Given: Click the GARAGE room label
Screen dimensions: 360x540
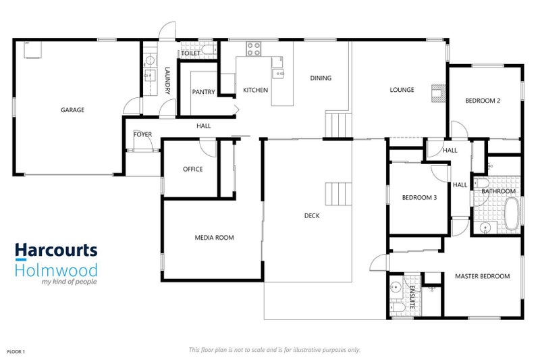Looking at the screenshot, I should click(x=72, y=109).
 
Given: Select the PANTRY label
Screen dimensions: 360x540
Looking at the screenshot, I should click(x=202, y=92).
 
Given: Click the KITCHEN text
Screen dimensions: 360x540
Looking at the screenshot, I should click(x=256, y=90).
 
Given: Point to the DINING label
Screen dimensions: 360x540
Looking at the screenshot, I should click(x=321, y=78).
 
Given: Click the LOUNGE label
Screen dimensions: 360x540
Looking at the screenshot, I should click(x=402, y=90).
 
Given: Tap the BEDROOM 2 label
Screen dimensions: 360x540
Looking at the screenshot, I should click(x=483, y=101).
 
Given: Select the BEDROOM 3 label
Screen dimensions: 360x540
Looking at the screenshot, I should click(x=419, y=198).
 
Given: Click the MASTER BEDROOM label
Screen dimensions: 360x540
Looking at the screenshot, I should click(x=482, y=276).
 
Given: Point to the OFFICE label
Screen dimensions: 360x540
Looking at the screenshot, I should click(x=193, y=169).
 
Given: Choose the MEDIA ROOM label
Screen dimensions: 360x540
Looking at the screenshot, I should click(x=214, y=238).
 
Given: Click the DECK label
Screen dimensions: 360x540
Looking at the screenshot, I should click(x=312, y=216).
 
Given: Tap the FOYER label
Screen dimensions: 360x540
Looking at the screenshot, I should click(x=142, y=134).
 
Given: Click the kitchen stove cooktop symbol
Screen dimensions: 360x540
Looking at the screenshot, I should click(x=254, y=48).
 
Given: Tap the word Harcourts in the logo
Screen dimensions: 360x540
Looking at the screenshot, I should click(x=56, y=251).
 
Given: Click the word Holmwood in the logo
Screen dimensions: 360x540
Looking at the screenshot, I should click(x=56, y=270).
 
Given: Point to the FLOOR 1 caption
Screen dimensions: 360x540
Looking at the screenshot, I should click(x=16, y=352).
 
